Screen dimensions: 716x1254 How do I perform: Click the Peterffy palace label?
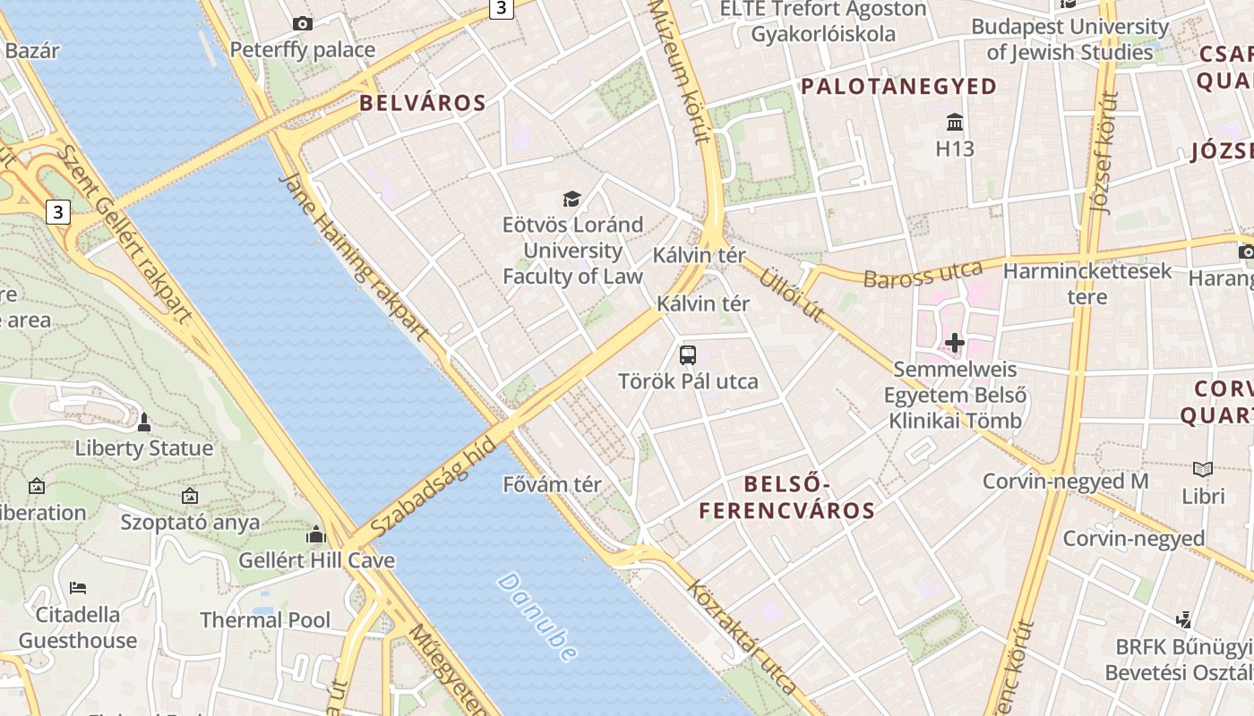pyautogui.click(x=303, y=50)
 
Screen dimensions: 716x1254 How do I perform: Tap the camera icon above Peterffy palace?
pyautogui.click(x=303, y=24)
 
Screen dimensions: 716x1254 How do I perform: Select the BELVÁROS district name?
pyautogui.click(x=423, y=103)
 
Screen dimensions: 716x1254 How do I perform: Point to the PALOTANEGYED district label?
pyautogui.click(x=898, y=87)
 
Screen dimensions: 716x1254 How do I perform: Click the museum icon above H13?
pyautogui.click(x=955, y=122)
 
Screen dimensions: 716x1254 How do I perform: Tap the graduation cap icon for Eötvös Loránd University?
pyautogui.click(x=571, y=199)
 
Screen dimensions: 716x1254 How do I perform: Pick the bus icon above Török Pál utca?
pyautogui.click(x=688, y=355)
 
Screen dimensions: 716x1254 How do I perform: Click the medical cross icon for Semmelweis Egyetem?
pyautogui.click(x=955, y=342)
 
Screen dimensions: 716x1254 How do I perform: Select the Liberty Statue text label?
pyautogui.click(x=144, y=448)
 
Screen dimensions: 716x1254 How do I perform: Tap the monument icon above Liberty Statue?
pyautogui.click(x=144, y=422)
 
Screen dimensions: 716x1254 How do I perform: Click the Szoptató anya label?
pyautogui.click(x=190, y=522)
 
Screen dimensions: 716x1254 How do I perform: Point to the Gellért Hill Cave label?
pyautogui.click(x=316, y=561)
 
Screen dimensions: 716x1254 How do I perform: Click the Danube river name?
pyautogui.click(x=537, y=617)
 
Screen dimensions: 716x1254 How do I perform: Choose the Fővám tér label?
pyautogui.click(x=552, y=485)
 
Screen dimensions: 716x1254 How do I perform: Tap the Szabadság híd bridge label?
pyautogui.click(x=433, y=489)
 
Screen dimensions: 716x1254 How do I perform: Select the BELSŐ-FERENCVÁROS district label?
pyautogui.click(x=786, y=498)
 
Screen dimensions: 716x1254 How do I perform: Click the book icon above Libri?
pyautogui.click(x=1203, y=469)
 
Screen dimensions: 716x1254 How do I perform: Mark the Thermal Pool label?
pyautogui.click(x=265, y=620)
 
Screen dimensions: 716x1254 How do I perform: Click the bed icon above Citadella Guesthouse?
pyautogui.click(x=78, y=588)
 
